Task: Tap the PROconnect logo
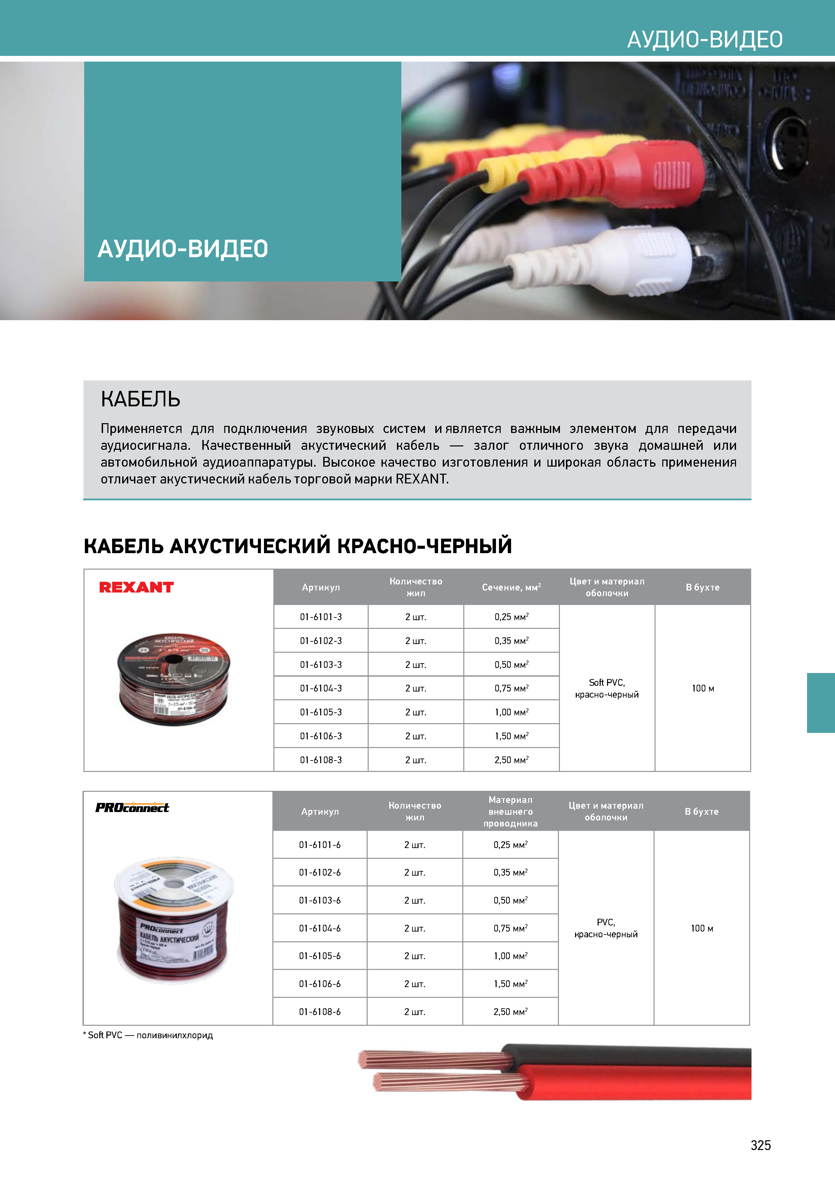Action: tap(132, 808)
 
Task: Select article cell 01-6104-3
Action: tap(321, 688)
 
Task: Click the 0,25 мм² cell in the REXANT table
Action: tap(511, 617)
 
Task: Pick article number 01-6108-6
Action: tap(320, 1012)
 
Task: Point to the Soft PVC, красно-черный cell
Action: tap(607, 688)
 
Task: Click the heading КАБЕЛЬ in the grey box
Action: tap(140, 399)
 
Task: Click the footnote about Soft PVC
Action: tap(148, 1035)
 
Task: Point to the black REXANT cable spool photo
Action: tap(174, 679)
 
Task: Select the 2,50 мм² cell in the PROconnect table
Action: tap(510, 1012)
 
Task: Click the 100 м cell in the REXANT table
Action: tap(703, 688)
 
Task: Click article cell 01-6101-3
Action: tap(321, 617)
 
